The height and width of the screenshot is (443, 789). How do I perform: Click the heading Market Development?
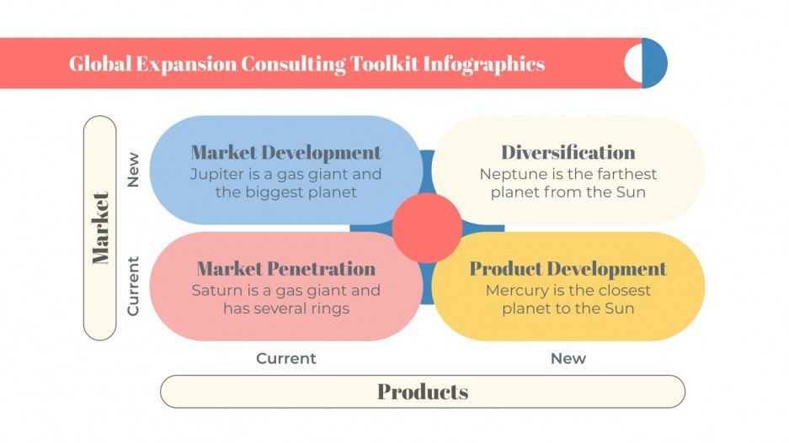(285, 153)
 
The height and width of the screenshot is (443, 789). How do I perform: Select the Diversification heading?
(568, 153)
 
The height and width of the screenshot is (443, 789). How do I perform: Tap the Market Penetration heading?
(285, 269)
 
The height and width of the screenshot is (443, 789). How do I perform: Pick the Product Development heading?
(568, 269)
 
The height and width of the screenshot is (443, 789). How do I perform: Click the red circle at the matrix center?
(427, 228)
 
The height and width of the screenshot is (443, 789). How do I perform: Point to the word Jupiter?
(215, 174)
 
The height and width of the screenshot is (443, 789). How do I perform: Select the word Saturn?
(216, 290)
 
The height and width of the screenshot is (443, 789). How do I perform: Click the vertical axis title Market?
(100, 228)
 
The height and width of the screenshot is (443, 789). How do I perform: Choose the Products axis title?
(423, 392)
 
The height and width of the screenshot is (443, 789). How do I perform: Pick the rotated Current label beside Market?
(133, 287)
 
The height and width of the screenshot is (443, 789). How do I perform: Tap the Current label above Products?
(286, 358)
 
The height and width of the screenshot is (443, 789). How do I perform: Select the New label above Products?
(568, 358)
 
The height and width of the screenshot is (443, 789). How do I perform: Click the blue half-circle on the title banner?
(655, 63)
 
